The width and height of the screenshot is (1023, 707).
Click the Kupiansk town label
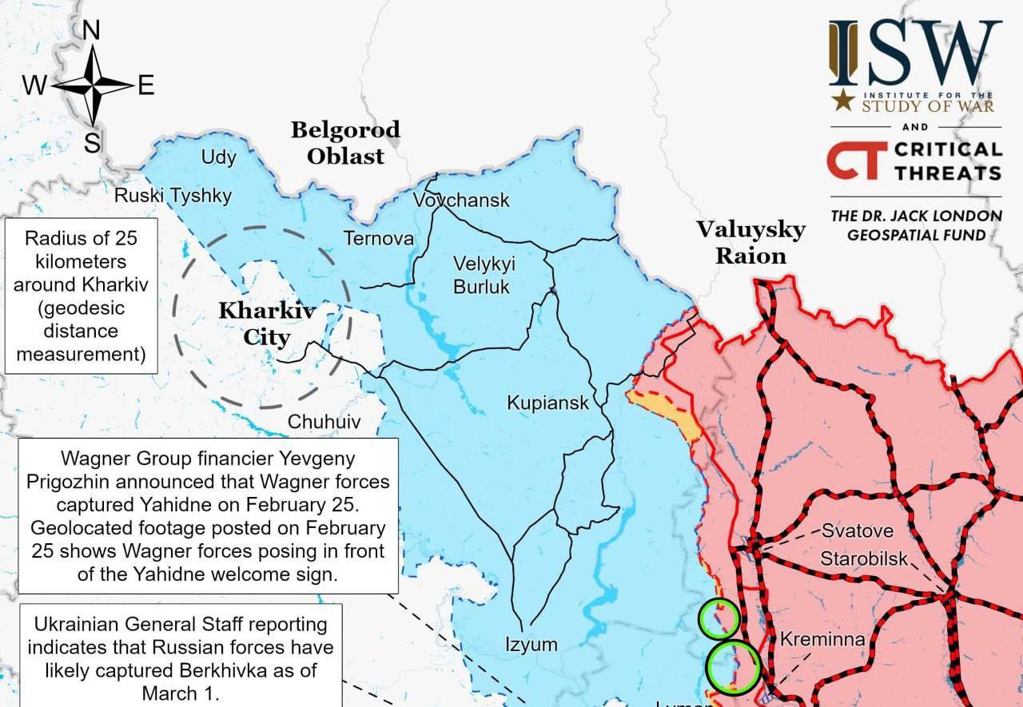(547, 403)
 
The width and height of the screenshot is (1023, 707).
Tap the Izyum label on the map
(531, 644)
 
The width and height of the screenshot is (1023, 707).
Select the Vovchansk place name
(461, 200)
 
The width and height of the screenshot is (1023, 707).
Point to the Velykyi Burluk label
(484, 274)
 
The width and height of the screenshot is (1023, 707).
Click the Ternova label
(379, 238)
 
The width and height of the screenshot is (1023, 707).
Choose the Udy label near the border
(218, 157)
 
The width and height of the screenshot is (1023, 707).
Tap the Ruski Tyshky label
(173, 196)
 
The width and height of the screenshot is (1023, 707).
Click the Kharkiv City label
(267, 324)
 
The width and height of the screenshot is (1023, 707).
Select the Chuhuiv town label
(324, 422)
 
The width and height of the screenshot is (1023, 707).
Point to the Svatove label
(858, 530)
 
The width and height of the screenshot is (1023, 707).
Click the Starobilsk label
(864, 558)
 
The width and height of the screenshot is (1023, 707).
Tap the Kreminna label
(822, 639)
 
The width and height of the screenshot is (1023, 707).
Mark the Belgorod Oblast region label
(345, 142)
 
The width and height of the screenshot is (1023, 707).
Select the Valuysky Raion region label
(750, 242)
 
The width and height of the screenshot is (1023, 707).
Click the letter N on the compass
(92, 30)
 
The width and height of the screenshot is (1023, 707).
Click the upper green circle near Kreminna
(718, 618)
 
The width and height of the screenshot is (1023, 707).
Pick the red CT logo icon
(856, 160)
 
